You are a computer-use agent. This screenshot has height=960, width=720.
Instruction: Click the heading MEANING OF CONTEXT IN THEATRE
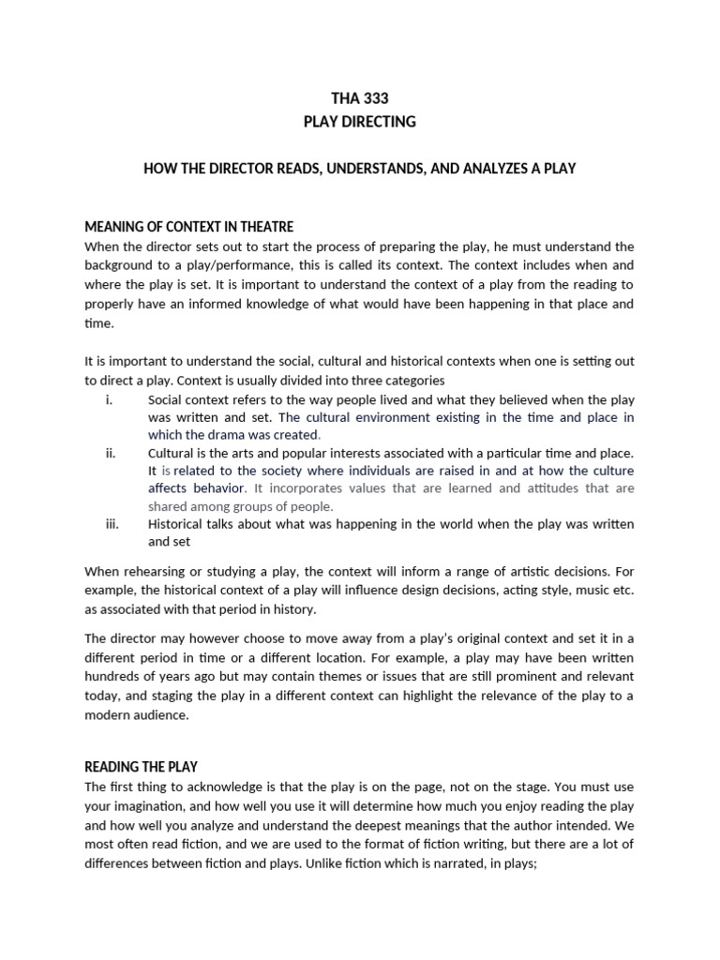coord(188,226)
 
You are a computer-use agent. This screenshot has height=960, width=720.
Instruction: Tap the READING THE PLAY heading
coord(141,766)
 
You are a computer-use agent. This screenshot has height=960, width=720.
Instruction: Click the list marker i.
coord(109,399)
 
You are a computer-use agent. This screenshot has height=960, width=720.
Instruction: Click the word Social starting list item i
coord(166,399)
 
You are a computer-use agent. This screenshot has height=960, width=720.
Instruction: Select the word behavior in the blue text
coord(218,488)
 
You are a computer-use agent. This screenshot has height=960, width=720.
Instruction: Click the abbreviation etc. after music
coord(622,589)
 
